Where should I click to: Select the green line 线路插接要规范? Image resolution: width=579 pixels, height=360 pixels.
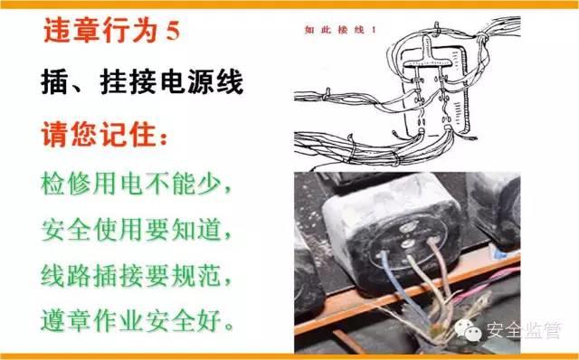136,273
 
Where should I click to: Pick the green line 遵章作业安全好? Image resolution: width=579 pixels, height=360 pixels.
136,318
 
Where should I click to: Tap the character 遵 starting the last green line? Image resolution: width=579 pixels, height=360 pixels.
54,318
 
